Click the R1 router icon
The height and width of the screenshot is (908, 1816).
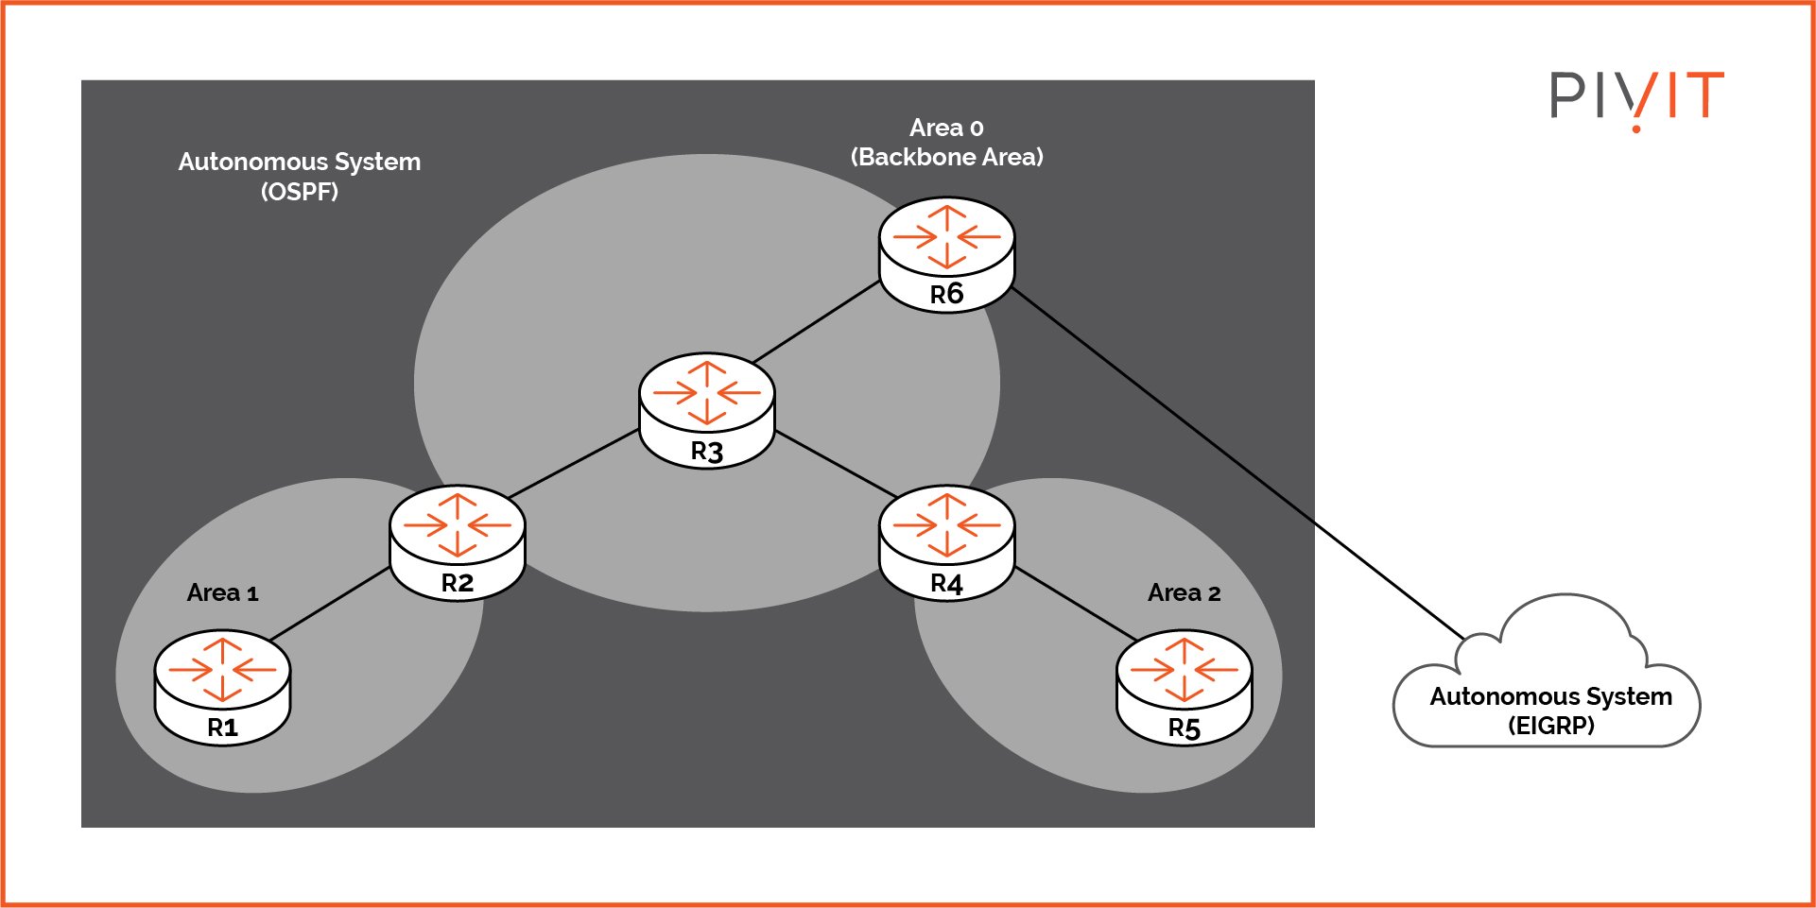(x=222, y=687)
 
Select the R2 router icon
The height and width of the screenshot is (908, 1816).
(x=458, y=541)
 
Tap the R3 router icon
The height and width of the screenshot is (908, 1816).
(x=707, y=410)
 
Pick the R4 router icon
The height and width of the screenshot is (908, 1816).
(x=946, y=542)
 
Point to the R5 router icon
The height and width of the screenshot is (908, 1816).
(x=1184, y=688)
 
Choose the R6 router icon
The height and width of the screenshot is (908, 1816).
(x=946, y=253)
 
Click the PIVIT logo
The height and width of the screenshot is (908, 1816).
(x=1636, y=97)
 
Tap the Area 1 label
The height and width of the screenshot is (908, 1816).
(x=222, y=593)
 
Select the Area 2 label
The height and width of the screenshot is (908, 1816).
(x=1184, y=593)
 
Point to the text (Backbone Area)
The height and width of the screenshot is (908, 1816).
(x=946, y=157)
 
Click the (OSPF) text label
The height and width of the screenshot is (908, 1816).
(x=299, y=192)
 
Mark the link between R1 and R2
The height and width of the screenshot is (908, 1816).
(x=331, y=603)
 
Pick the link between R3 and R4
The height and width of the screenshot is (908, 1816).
(x=835, y=464)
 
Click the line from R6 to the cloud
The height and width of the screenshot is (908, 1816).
(x=1238, y=463)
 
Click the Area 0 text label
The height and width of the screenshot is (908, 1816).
(x=946, y=128)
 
